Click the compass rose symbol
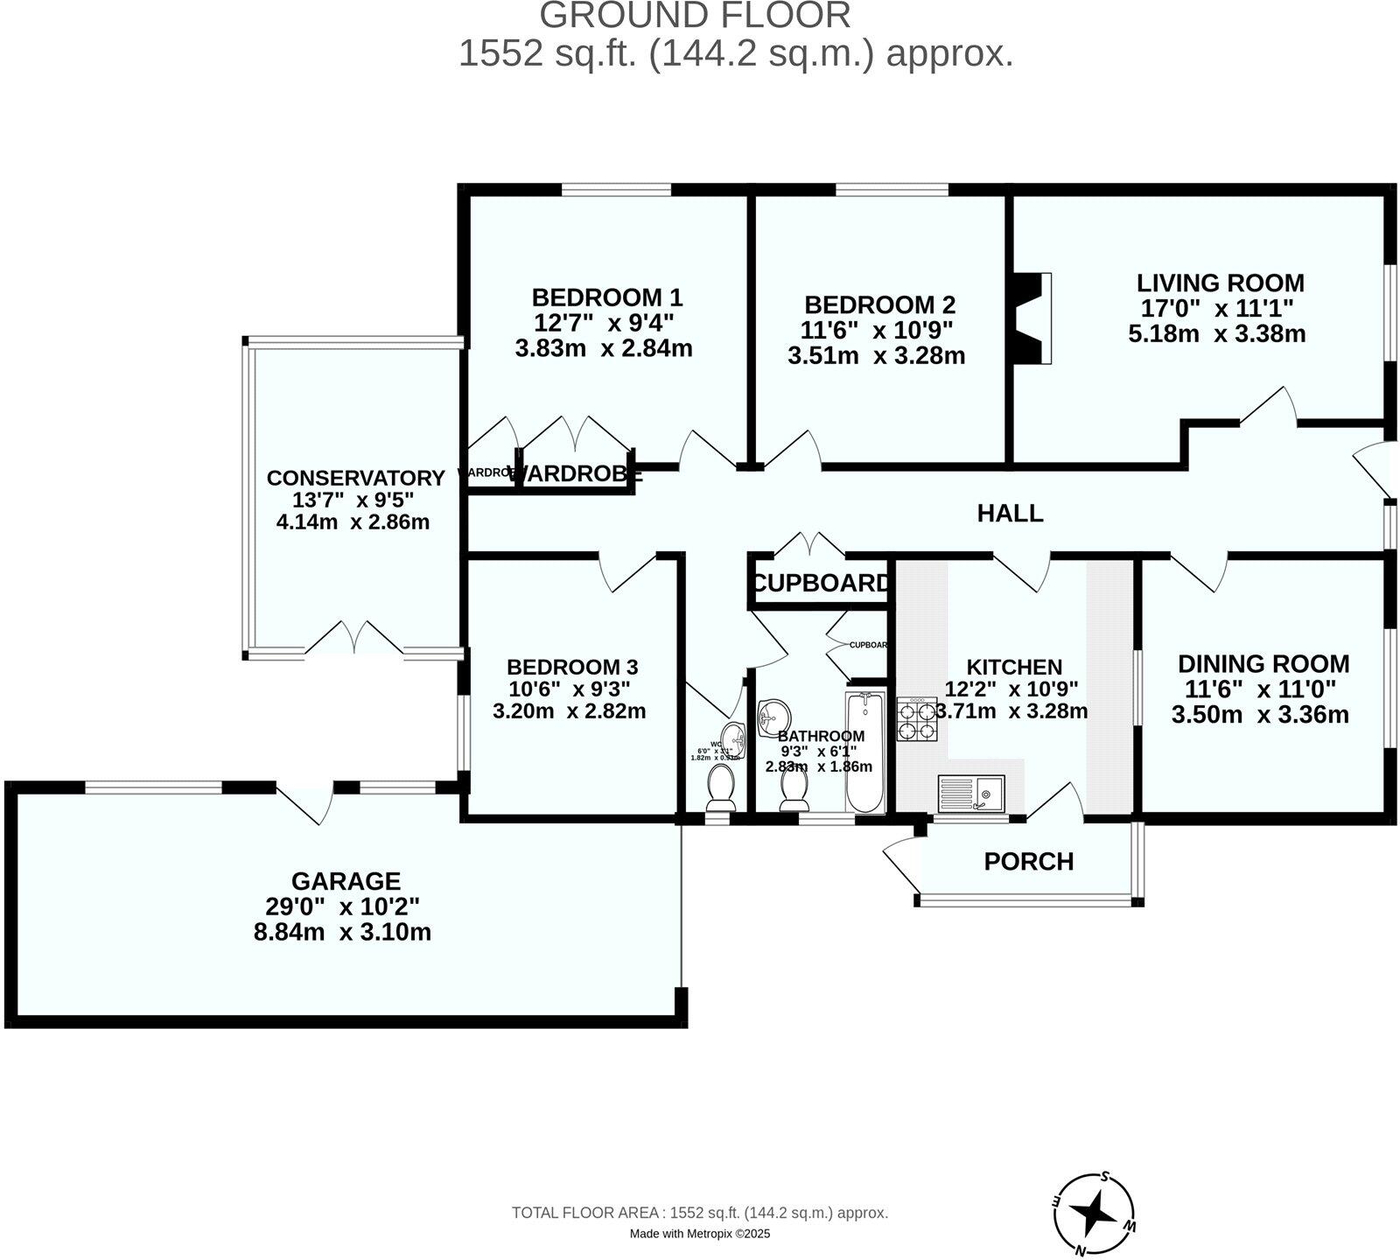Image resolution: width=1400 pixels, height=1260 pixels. [x=1095, y=1213]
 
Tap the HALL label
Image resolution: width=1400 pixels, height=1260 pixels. [x=1010, y=513]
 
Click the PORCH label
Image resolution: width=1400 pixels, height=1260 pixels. [x=1028, y=862]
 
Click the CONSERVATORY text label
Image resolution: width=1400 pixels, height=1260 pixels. [x=355, y=479]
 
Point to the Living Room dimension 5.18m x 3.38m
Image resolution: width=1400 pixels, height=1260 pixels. [x=1216, y=334]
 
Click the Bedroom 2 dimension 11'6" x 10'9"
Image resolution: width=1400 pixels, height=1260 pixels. [x=877, y=331]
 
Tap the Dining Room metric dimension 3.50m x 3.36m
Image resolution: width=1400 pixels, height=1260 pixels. [x=1260, y=715]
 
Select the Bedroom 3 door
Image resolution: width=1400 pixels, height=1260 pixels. [x=628, y=570]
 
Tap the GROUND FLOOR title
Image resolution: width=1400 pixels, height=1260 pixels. [x=695, y=16]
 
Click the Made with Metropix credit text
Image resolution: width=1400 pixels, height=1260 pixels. [x=700, y=1234]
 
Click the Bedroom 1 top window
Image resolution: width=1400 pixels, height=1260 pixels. [x=616, y=189]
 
